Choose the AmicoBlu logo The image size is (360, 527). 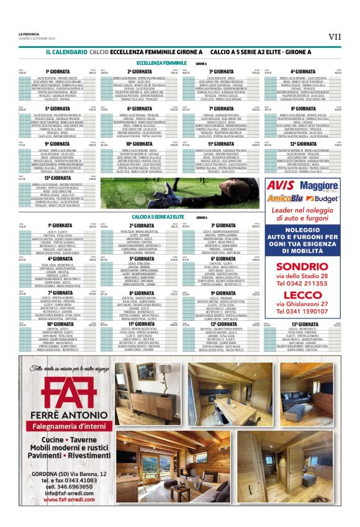pos(284,199)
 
